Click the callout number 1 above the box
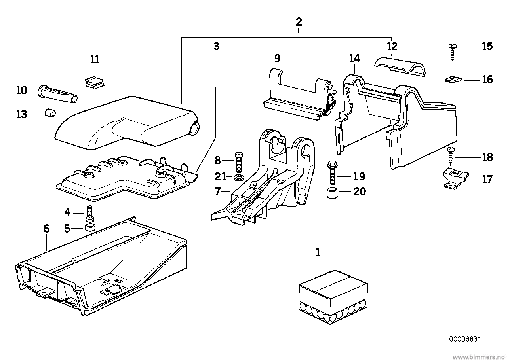click(x=318, y=252)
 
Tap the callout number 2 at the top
click(x=299, y=22)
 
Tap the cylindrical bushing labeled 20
click(x=332, y=194)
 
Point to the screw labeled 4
click(x=89, y=214)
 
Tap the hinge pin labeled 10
click(x=58, y=92)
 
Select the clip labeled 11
click(x=94, y=81)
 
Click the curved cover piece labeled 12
click(x=400, y=64)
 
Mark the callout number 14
click(x=354, y=59)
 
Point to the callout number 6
click(x=46, y=228)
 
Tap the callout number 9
click(x=277, y=59)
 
